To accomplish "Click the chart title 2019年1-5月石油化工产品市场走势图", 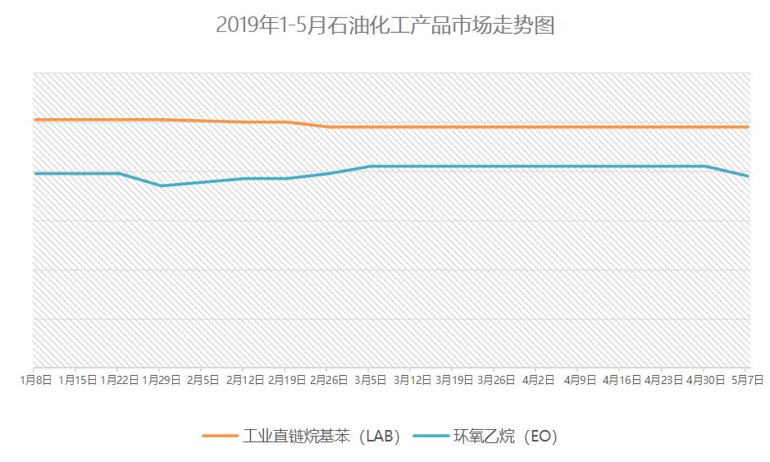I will [x=385, y=25].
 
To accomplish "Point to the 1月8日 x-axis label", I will [x=37, y=380].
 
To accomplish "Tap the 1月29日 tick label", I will [x=162, y=380].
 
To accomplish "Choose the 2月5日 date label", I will [x=203, y=380].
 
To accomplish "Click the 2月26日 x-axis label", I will [x=329, y=380].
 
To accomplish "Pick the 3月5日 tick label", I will [x=371, y=380].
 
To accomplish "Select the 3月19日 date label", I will [x=454, y=380].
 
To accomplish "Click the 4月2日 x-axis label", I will [x=538, y=380].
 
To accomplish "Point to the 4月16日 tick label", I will [x=622, y=380].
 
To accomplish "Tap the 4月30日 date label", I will [x=705, y=380].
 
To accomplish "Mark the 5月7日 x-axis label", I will [x=747, y=380].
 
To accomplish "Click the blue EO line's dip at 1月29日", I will [x=162, y=185].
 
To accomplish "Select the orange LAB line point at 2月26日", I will [x=329, y=127].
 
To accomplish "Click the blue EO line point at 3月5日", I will [x=371, y=167].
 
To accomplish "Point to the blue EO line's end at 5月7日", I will [x=748, y=176].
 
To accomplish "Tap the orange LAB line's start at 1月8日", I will [x=34, y=120].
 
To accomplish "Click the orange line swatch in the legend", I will [x=219, y=437].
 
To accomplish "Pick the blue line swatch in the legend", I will [x=431, y=437].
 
